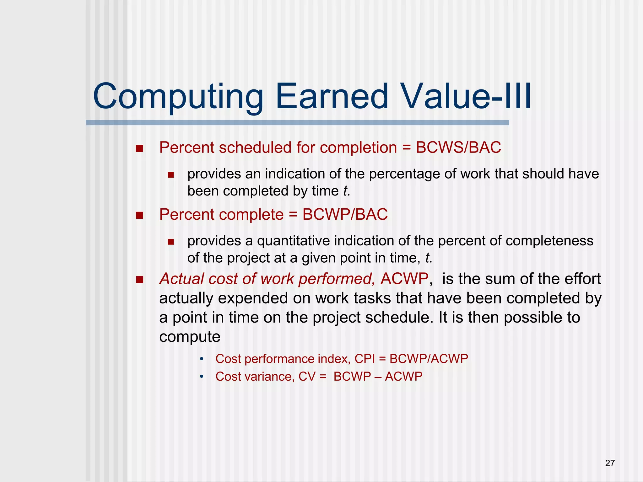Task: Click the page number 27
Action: pyautogui.click(x=610, y=463)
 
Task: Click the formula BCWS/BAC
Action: pyautogui.click(x=458, y=147)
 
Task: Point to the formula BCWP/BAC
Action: pyautogui.click(x=345, y=215)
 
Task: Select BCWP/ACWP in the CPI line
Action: pyautogui.click(x=429, y=359)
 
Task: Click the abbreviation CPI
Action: pyautogui.click(x=365, y=359)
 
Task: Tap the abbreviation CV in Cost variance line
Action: pyautogui.click(x=307, y=377)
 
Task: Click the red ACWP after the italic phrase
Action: pyautogui.click(x=404, y=279)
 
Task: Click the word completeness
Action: pyautogui.click(x=549, y=241)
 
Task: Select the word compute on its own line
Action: pyautogui.click(x=190, y=337)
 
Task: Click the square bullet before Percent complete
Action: pyautogui.click(x=139, y=215)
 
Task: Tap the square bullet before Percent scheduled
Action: pyautogui.click(x=139, y=148)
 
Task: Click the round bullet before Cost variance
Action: pyautogui.click(x=202, y=377)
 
